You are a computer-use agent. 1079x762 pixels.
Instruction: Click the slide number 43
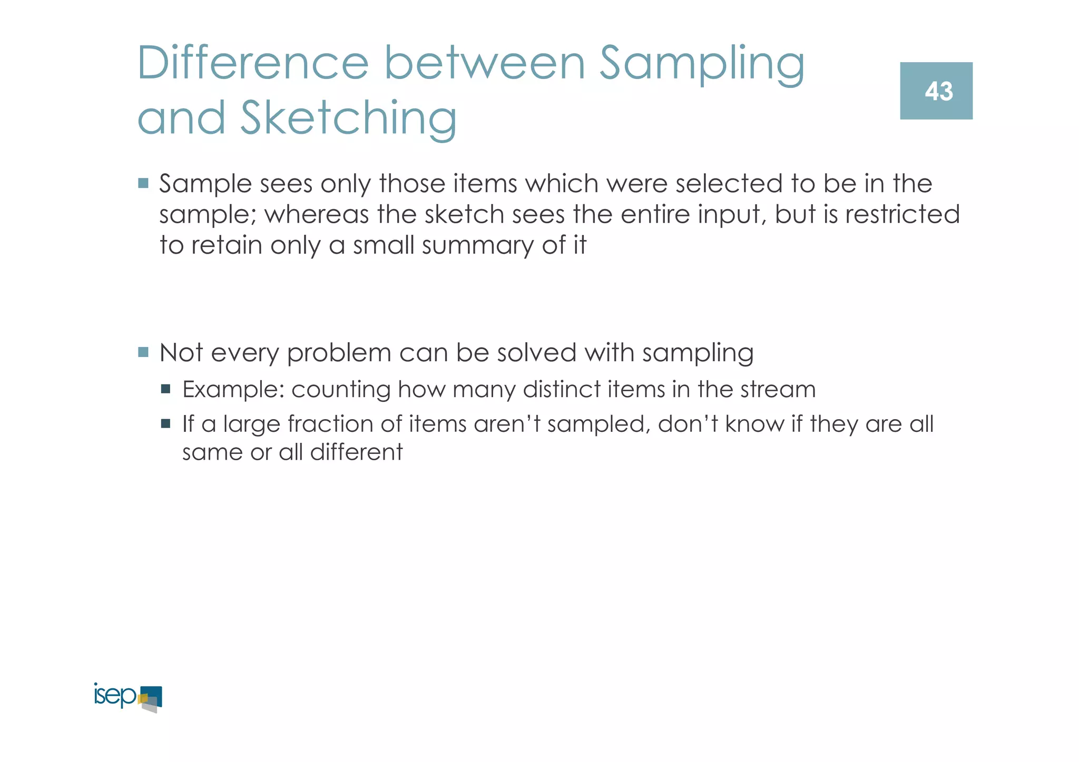click(938, 92)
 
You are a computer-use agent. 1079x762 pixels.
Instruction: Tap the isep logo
click(127, 697)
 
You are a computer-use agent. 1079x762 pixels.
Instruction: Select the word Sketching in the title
click(348, 118)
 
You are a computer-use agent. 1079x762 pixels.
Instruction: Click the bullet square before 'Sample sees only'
click(143, 183)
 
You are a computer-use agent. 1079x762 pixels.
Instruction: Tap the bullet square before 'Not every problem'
click(143, 352)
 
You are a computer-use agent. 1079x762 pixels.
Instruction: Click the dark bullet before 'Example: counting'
click(166, 389)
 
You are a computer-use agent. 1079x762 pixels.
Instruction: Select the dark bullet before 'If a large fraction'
click(166, 423)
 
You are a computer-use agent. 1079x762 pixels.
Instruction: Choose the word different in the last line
click(356, 452)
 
